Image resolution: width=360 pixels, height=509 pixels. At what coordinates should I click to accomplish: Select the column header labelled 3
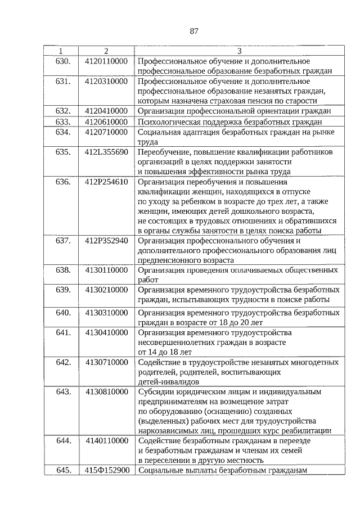click(x=238, y=52)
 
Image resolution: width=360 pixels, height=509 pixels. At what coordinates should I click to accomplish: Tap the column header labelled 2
click(x=106, y=52)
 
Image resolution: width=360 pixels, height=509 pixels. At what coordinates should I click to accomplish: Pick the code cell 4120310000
click(x=106, y=82)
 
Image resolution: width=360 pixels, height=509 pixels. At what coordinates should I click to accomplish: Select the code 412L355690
click(x=106, y=152)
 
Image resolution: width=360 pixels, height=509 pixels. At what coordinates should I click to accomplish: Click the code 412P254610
click(x=106, y=182)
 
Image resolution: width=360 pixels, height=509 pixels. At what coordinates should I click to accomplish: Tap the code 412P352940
click(x=106, y=240)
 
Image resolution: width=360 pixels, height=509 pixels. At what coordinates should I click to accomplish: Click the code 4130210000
click(x=106, y=290)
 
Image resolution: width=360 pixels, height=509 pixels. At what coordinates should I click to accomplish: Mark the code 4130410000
click(x=106, y=332)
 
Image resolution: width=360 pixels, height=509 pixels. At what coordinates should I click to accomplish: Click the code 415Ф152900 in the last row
click(x=106, y=470)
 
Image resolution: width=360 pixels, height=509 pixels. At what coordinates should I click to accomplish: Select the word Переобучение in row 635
click(x=163, y=152)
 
